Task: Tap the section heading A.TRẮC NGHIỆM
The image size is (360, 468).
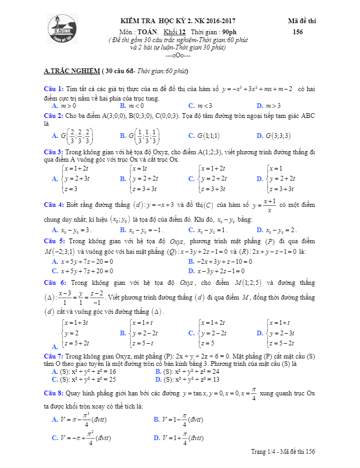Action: (72, 71)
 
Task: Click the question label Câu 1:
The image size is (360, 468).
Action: (54, 88)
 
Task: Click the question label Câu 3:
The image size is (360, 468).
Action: (54, 152)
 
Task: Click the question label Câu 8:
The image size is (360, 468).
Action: (54, 393)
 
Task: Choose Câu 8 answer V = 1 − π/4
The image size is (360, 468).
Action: (178, 420)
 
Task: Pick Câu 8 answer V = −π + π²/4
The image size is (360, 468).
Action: (82, 437)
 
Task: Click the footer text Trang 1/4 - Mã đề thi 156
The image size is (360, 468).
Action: (283, 452)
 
